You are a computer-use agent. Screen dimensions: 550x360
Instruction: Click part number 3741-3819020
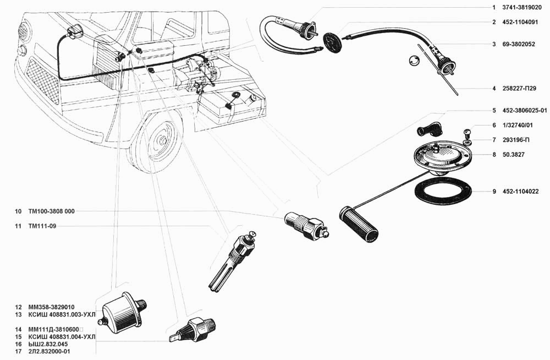521,7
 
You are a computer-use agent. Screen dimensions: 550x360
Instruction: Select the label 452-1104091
520,22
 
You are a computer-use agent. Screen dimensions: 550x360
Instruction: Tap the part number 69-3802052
519,44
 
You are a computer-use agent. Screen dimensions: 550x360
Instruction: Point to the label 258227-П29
519,89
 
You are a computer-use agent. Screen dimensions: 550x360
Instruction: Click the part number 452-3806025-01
524,111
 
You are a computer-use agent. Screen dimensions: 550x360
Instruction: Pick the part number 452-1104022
520,192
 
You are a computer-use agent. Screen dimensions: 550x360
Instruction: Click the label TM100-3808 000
51,211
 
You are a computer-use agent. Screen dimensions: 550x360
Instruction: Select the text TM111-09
42,226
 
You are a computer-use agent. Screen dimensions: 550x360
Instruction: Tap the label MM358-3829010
51,307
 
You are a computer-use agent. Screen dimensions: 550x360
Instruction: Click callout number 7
494,140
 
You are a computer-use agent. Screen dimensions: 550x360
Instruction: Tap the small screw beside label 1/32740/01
468,133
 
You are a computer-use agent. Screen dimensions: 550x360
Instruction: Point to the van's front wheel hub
163,140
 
